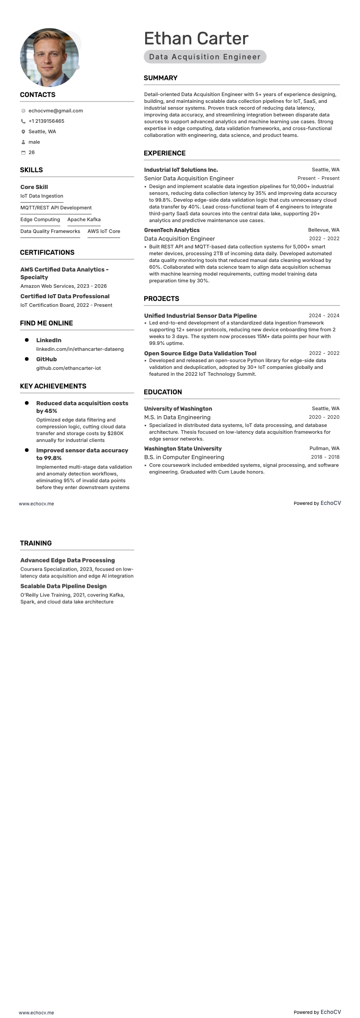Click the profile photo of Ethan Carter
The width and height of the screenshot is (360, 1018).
[49, 58]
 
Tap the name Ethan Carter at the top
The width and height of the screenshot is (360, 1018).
[196, 39]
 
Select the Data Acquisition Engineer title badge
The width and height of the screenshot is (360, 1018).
[205, 57]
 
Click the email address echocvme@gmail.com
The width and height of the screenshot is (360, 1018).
[55, 111]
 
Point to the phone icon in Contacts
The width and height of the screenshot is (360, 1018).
[23, 121]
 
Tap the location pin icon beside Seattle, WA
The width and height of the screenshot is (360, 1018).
[23, 131]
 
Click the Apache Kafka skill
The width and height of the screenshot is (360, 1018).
[84, 219]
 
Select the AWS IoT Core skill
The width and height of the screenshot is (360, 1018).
[104, 231]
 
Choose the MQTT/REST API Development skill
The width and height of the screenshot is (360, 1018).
[56, 208]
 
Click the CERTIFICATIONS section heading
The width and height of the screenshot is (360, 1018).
[47, 252]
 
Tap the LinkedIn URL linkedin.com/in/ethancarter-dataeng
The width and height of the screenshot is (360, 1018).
[80, 349]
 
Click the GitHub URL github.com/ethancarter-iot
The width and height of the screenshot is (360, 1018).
[68, 368]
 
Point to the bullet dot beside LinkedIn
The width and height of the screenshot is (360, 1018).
[27, 340]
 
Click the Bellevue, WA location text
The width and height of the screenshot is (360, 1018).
[324, 230]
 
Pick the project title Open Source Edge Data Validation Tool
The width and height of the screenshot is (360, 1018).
[200, 354]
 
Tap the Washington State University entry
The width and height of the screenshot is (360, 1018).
[183, 449]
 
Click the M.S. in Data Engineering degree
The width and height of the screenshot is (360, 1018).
[177, 417]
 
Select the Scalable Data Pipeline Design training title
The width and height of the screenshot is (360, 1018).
[63, 586]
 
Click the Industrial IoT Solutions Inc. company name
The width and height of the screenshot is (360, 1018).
[181, 170]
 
